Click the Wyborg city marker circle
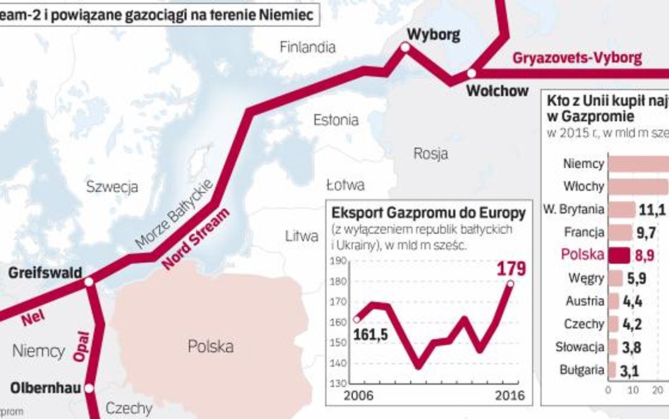tap(405, 47)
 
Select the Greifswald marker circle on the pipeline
tap(89, 281)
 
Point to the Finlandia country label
tap(307, 47)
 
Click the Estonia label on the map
tap(336, 120)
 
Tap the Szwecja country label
tap(111, 187)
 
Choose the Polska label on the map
tap(210, 347)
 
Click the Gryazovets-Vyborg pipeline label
tap(577, 58)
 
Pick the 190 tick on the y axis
tap(339, 261)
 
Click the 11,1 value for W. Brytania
tap(652, 210)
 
